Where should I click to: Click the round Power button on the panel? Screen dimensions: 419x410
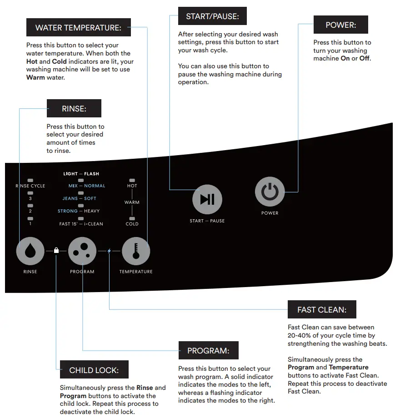pos(270,192)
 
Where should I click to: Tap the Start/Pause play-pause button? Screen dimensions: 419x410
pos(207,199)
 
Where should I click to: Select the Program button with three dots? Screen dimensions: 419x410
pos(82,251)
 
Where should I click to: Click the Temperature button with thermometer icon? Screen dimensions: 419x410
pos(135,251)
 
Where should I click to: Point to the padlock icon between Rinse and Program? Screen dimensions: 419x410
pos(56,250)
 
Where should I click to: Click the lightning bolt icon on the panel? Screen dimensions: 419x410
pos(109,250)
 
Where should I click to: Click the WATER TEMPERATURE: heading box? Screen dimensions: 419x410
pos(78,28)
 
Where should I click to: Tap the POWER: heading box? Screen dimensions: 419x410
pos(340,25)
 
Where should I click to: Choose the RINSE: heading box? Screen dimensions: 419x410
pos(74,109)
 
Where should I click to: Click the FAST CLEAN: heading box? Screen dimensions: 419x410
pos(322,310)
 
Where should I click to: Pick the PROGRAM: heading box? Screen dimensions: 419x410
pos(208,351)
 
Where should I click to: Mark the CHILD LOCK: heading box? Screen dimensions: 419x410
pos(94,370)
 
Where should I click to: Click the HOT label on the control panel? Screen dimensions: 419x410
pos(132,186)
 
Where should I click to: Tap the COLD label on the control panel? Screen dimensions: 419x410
pos(132,224)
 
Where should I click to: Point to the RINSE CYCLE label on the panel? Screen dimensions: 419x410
pos(30,186)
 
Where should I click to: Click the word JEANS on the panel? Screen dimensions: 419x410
pos(70,198)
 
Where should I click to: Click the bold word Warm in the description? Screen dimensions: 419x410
pos(35,77)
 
